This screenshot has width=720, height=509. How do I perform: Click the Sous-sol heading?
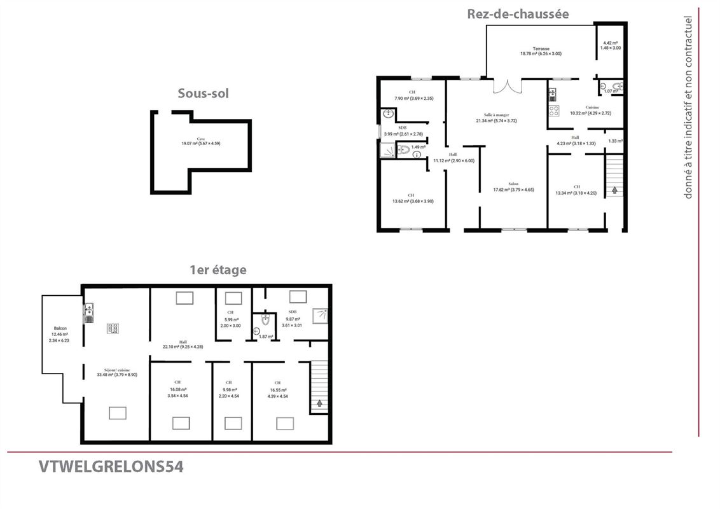tap(203, 94)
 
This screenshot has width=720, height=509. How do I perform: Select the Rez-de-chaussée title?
tap(518, 13)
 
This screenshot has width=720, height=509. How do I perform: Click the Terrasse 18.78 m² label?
tap(541, 51)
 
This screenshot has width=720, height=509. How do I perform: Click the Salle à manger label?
tap(495, 118)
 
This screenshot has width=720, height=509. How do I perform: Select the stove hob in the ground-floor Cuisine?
tap(554, 110)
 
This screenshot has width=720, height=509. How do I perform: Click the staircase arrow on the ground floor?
tap(615, 189)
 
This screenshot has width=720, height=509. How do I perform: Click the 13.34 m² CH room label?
tap(576, 190)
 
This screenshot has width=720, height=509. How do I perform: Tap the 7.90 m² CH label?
tap(413, 95)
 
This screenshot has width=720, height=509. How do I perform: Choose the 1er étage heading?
tap(218, 270)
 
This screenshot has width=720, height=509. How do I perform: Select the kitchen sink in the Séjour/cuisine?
tap(88, 312)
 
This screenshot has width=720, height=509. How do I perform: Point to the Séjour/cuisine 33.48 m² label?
tap(113, 372)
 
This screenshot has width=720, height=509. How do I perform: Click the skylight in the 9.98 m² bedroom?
tap(233, 423)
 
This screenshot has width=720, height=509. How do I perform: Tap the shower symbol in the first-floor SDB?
tap(322, 314)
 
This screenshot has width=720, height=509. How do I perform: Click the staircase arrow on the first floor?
tap(319, 402)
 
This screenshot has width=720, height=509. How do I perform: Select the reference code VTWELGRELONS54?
tap(111, 467)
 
